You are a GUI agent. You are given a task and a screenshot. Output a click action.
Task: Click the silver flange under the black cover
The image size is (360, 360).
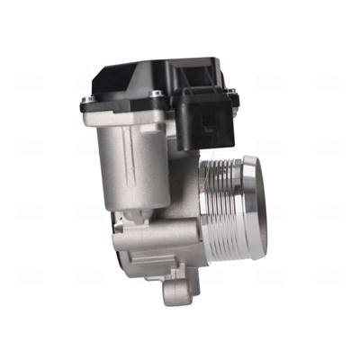(117, 110)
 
